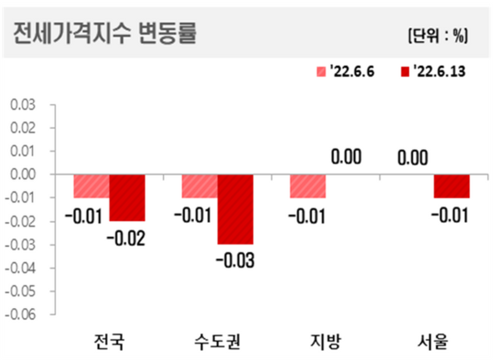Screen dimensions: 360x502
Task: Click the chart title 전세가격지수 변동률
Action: coord(105,35)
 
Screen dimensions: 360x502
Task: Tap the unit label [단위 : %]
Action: coord(438,35)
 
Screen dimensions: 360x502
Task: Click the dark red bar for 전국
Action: coord(127,198)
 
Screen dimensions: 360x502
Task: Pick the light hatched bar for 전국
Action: coord(91,186)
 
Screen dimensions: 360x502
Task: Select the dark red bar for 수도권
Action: coord(235,209)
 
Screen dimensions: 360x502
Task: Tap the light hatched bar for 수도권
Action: coord(199,186)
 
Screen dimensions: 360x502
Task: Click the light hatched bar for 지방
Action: coord(307,186)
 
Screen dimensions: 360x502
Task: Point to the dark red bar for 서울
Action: coord(451,186)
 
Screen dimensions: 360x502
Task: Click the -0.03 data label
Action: coord(235,260)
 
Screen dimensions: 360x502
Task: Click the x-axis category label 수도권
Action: coord(217,342)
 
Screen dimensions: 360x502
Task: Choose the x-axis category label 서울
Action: coord(433,342)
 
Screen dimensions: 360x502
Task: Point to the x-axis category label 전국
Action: coord(109,342)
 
